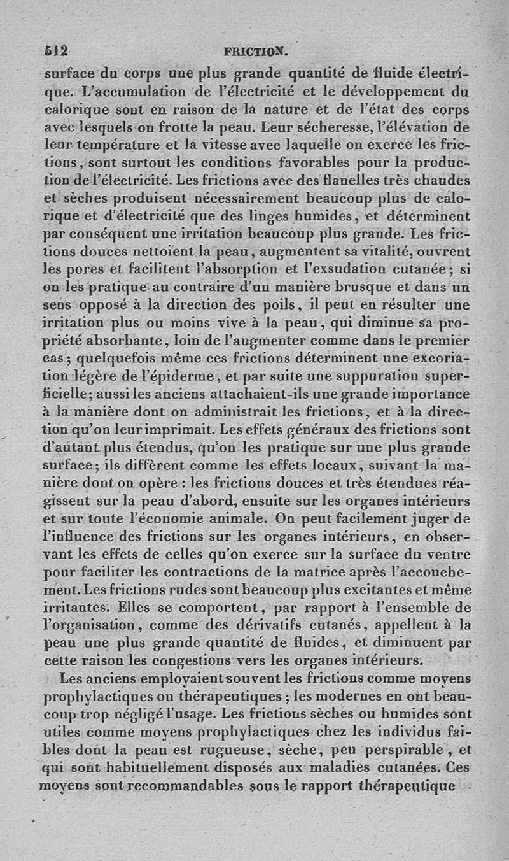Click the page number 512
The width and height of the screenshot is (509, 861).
point(57,50)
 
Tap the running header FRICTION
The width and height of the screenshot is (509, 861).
point(256,50)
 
